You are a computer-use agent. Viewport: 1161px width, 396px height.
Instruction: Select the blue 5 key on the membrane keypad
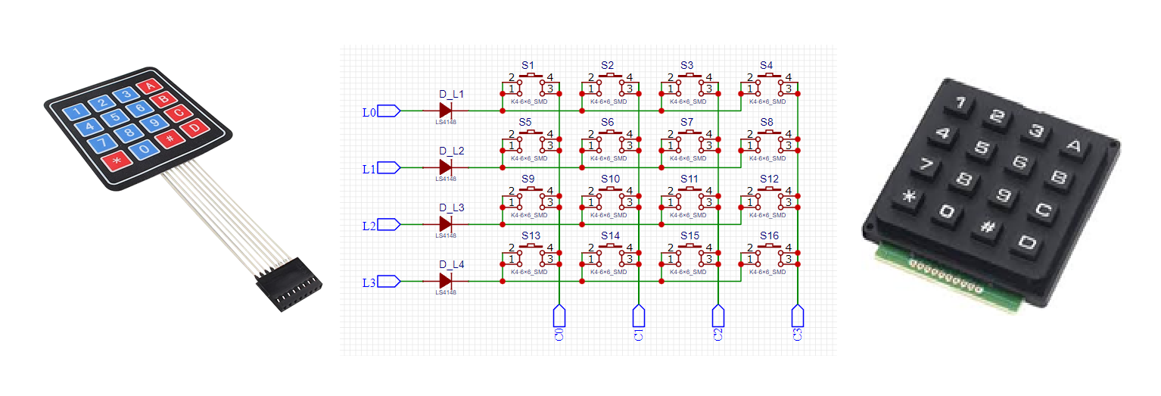click(x=114, y=117)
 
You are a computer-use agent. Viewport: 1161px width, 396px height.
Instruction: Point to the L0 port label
click(x=369, y=113)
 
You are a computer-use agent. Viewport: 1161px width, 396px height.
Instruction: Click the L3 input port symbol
click(x=388, y=282)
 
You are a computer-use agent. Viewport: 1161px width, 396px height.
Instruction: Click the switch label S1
click(x=528, y=65)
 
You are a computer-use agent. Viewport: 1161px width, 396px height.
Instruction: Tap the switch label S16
click(x=768, y=235)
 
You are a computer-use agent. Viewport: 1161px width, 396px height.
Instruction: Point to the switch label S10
click(x=610, y=179)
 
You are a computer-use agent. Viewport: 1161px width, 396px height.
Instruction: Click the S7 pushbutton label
click(x=686, y=122)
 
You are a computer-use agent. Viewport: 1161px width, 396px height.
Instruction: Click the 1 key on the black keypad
click(x=959, y=103)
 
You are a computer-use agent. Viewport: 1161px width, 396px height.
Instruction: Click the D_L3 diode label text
click(x=452, y=207)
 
